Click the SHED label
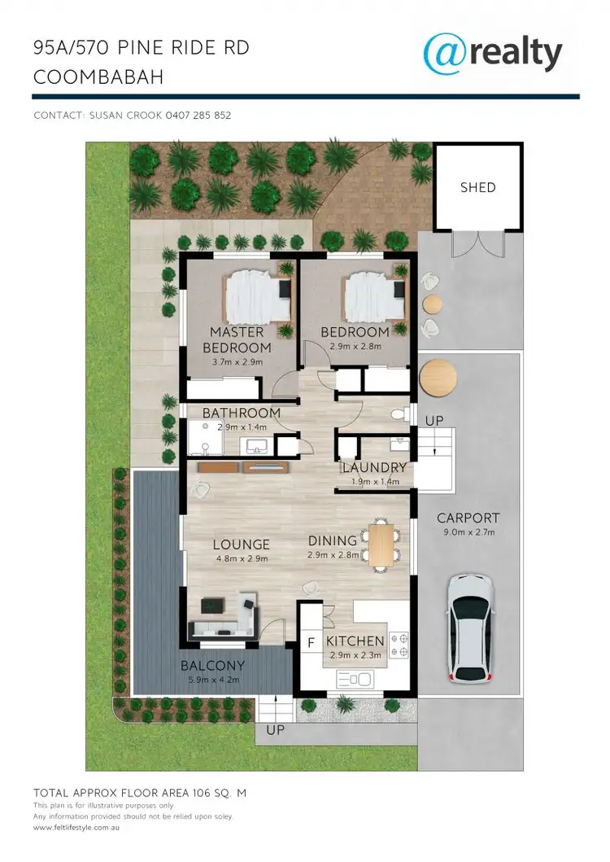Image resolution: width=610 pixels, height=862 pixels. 477,187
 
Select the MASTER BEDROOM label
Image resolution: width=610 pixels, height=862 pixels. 237,340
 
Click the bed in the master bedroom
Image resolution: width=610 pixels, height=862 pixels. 256,296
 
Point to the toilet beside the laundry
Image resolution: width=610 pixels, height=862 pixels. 399,414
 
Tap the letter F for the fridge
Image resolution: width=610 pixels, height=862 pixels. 310,643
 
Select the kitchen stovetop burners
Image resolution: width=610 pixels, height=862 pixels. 399,644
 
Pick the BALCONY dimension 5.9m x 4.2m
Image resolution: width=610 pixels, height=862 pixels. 212,680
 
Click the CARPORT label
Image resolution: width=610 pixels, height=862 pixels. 468,518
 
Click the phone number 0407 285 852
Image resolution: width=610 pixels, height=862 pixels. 198,116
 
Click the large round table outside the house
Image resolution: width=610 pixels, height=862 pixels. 438,377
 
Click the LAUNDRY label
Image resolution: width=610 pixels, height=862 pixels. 373,468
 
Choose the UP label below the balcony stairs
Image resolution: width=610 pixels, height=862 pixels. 276,730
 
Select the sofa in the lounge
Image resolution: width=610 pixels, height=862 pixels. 221,628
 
